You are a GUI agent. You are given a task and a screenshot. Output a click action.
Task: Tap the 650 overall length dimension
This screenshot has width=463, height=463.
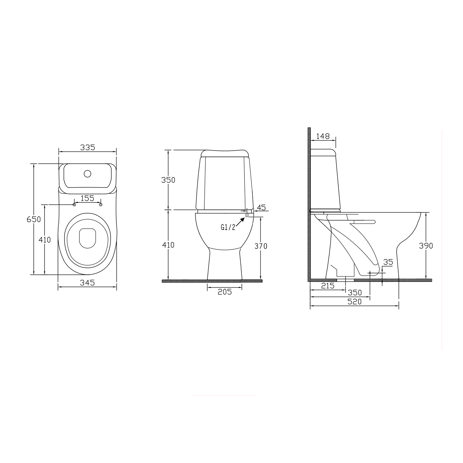34,219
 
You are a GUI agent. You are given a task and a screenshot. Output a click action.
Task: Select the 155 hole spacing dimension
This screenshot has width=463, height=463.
87,198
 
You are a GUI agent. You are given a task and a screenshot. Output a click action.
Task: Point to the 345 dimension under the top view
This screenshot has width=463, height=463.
87,282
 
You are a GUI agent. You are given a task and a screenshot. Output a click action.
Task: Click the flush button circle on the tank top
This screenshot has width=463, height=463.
88,174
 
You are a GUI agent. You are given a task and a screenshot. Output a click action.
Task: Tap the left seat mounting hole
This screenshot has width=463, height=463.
74,205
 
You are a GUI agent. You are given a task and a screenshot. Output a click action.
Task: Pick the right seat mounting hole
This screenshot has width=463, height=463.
101,205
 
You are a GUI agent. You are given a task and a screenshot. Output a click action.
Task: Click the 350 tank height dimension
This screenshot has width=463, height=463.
168,180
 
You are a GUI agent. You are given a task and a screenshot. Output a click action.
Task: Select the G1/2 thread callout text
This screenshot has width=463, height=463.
228,227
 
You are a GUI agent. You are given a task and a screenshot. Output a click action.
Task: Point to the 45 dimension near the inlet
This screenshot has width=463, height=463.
261,207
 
